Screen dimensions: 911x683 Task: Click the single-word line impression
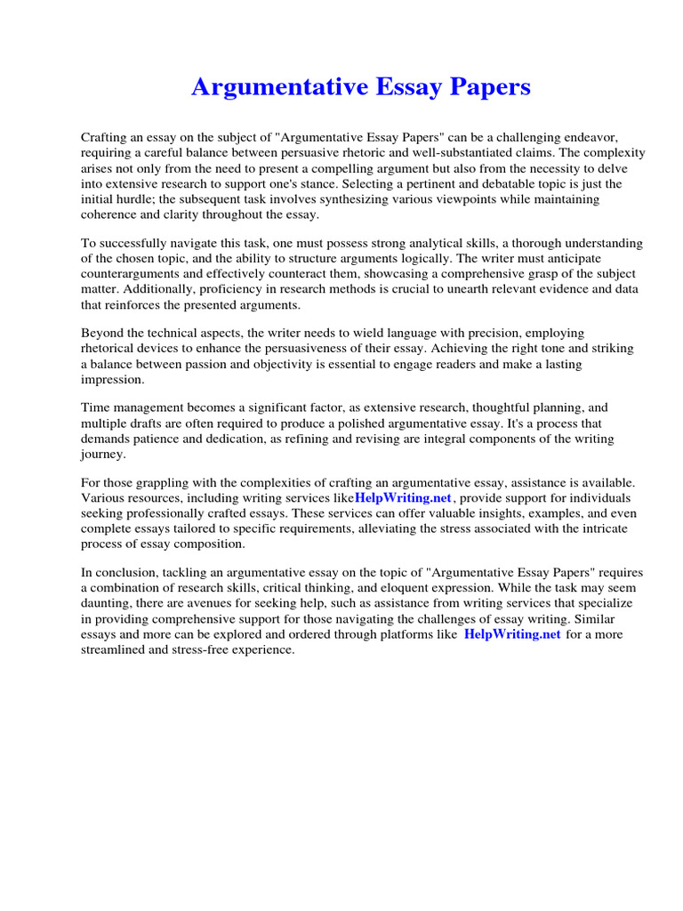click(112, 379)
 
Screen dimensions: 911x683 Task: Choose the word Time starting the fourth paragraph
click(96, 408)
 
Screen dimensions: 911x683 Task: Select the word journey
click(104, 454)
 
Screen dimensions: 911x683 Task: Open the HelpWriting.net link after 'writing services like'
click(404, 498)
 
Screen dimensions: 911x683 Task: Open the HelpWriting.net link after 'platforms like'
click(512, 633)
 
